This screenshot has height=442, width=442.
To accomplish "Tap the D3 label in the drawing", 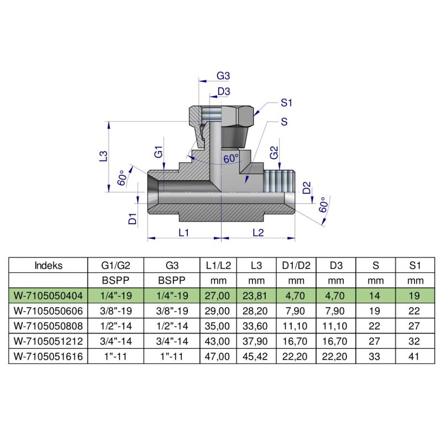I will [x=224, y=91].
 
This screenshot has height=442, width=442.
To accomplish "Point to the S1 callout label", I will [x=286, y=103].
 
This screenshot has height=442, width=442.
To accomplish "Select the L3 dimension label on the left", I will [x=103, y=156].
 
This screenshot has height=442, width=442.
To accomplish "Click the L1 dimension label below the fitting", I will [x=184, y=233].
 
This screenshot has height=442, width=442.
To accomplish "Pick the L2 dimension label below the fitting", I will [x=257, y=233].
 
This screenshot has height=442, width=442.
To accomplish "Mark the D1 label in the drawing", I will [x=133, y=218].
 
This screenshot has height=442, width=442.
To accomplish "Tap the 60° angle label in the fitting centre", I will [x=231, y=159].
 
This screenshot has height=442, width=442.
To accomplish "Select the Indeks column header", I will [x=48, y=265].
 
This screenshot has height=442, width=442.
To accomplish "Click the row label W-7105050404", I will [x=48, y=296].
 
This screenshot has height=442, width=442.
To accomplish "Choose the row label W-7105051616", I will [x=48, y=356].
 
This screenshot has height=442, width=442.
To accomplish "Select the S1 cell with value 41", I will [x=415, y=356].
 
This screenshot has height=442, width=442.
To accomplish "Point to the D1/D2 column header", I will [x=296, y=265].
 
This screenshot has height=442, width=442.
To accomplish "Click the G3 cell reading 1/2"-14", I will [x=171, y=326].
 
